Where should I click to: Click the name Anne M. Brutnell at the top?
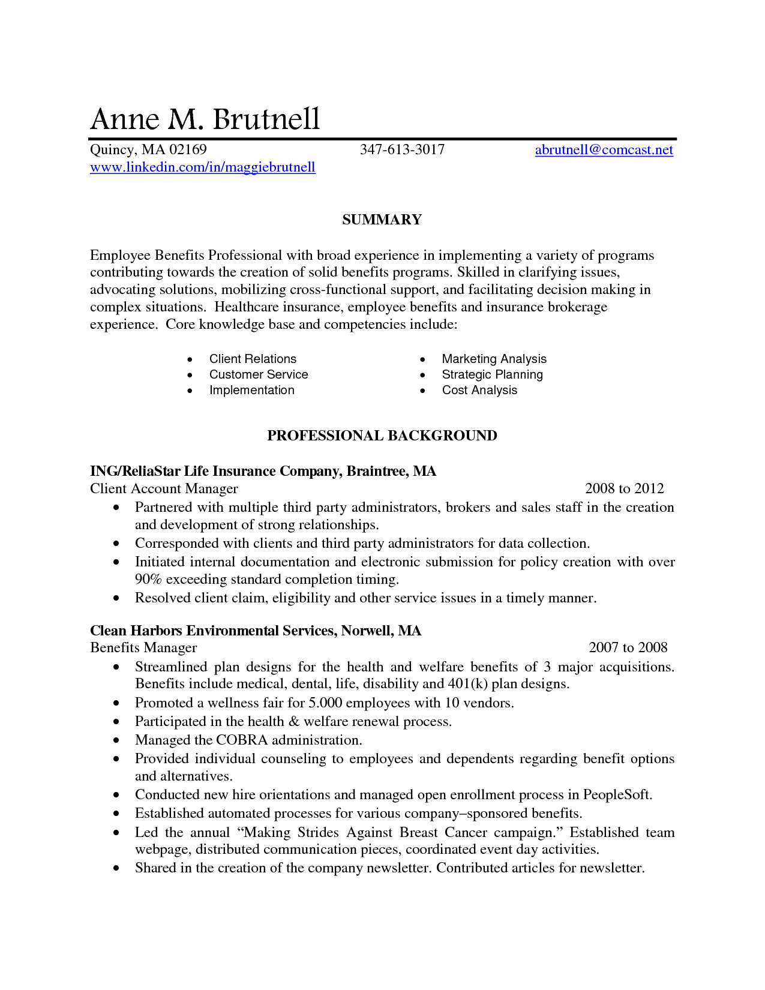pos(205,119)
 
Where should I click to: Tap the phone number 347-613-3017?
pos(402,149)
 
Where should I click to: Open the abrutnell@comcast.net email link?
pos(604,149)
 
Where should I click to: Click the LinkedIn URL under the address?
pos(203,167)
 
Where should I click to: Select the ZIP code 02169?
pos(188,149)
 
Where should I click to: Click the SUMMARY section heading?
pos(382,220)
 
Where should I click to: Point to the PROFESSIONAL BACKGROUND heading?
pos(382,436)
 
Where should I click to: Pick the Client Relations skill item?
pos(253,359)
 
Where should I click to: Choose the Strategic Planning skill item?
pos(492,374)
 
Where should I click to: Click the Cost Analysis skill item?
pos(479,390)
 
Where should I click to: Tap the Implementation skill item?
pos(251,390)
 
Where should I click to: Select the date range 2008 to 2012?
pos(624,488)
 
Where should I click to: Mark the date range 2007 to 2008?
pos(628,647)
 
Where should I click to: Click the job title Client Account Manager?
pos(164,488)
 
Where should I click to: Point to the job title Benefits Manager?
pos(143,647)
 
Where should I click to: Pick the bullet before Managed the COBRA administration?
pos(116,740)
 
